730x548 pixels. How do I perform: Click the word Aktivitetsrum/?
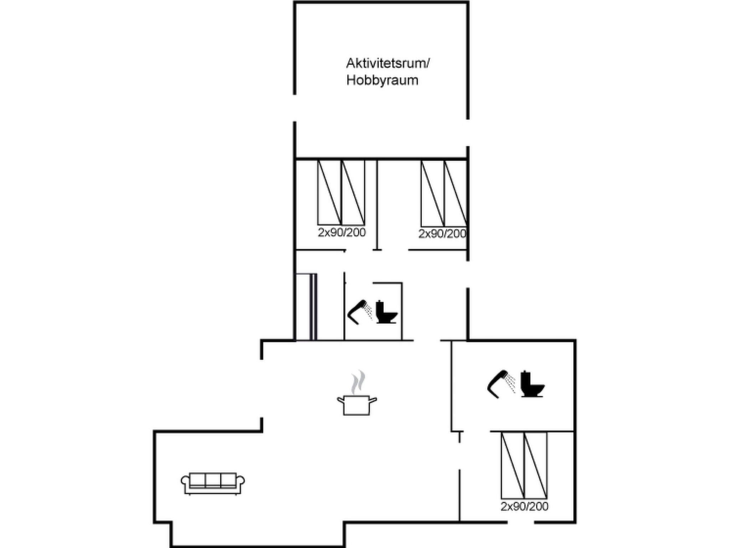(388, 64)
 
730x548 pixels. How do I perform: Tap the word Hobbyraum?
(382, 81)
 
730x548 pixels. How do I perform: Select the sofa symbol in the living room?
(213, 484)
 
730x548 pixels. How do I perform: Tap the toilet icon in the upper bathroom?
(386, 312)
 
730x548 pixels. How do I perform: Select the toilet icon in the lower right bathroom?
(532, 384)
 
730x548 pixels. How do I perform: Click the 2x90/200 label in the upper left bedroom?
(342, 233)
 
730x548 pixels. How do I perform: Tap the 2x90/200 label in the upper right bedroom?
(442, 234)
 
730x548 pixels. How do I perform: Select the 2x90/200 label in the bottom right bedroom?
(524, 506)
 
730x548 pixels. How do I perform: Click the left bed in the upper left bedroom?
(329, 193)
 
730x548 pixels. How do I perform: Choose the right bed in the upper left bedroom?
(353, 193)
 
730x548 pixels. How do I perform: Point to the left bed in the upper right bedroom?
(433, 193)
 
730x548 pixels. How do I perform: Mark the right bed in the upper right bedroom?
(456, 193)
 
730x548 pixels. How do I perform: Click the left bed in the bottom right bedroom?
(513, 465)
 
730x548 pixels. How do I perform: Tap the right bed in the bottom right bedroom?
(536, 465)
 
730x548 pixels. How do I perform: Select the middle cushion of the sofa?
(213, 480)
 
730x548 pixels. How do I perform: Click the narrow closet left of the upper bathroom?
(306, 307)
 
